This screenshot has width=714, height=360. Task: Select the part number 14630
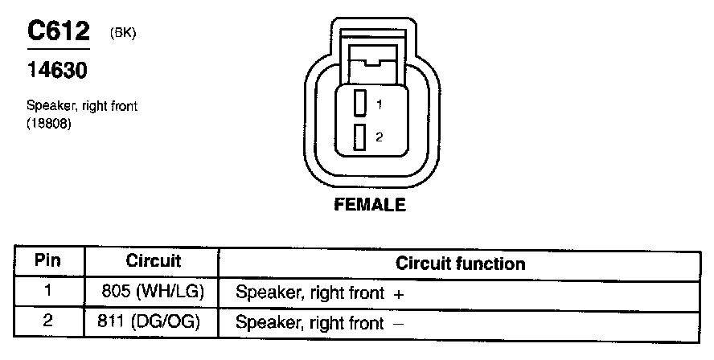57,71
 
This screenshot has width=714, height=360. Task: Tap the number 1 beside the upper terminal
379,104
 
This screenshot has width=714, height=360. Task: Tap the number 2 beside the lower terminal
379,137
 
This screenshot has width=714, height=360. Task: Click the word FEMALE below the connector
370,205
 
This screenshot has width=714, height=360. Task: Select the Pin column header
47,261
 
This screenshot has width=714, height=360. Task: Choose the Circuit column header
154,261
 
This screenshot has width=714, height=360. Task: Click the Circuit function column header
460,264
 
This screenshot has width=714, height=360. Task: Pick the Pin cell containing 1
47,292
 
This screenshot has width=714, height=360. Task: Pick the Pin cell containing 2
47,321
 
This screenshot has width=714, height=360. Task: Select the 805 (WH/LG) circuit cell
153,292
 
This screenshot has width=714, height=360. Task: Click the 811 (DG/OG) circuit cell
153,322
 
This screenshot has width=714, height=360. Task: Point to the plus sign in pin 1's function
399,295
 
